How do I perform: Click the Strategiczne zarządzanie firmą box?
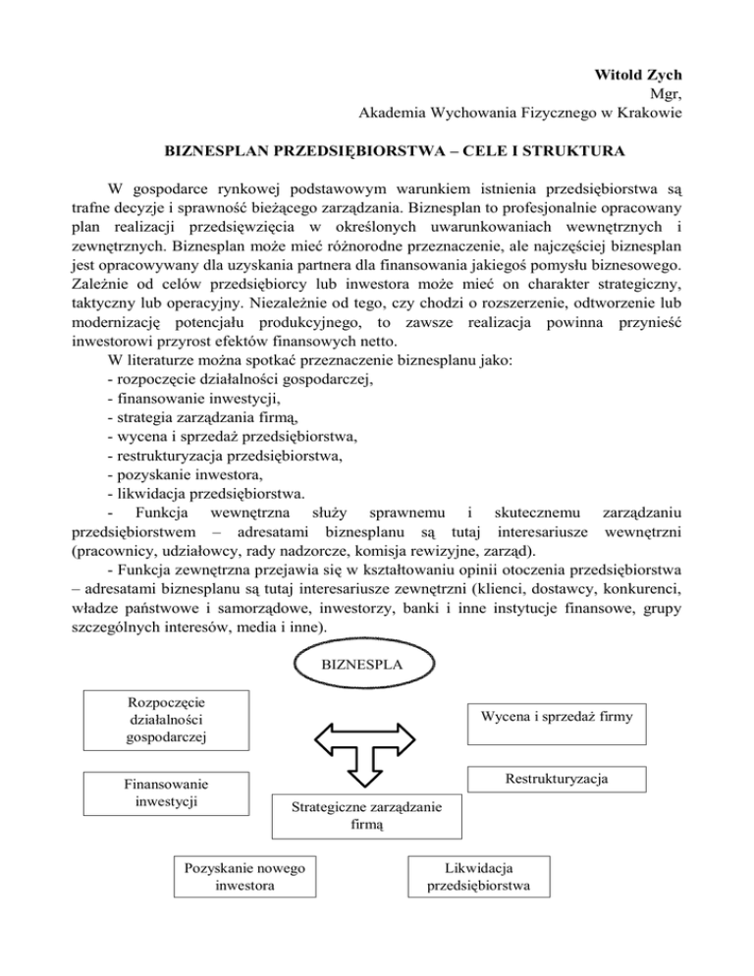pyautogui.click(x=366, y=817)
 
